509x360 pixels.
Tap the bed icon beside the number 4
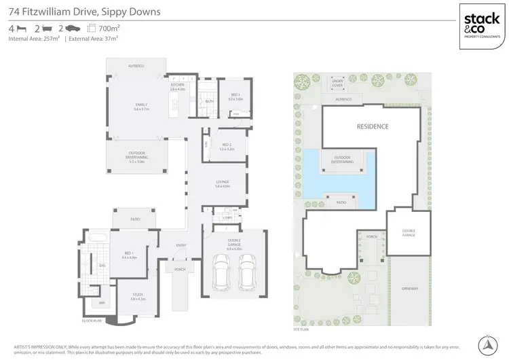(x=22, y=29)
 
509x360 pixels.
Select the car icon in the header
(x=73, y=29)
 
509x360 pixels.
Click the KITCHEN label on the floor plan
(x=177, y=86)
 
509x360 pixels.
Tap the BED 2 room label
(x=227, y=145)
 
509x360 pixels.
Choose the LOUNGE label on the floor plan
(x=223, y=181)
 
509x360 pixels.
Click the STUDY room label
(x=138, y=294)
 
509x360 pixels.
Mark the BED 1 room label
(x=129, y=255)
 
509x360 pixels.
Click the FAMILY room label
(x=140, y=105)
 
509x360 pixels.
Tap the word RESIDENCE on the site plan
(x=373, y=126)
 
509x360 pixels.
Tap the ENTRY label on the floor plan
(x=181, y=245)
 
